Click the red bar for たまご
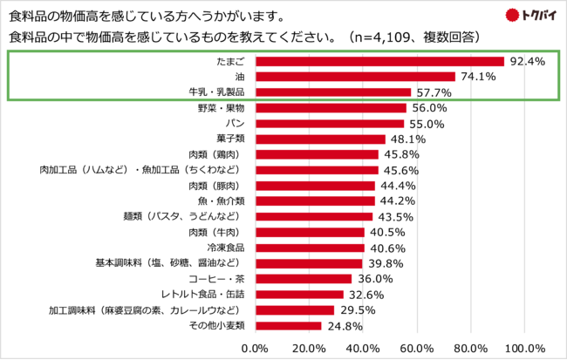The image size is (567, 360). (x=379, y=62)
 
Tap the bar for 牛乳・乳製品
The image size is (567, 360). (x=332, y=92)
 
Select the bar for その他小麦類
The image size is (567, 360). (x=288, y=326)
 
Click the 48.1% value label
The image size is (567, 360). (x=406, y=139)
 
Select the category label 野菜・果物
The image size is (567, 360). (x=222, y=108)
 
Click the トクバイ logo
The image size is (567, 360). (x=532, y=14)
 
